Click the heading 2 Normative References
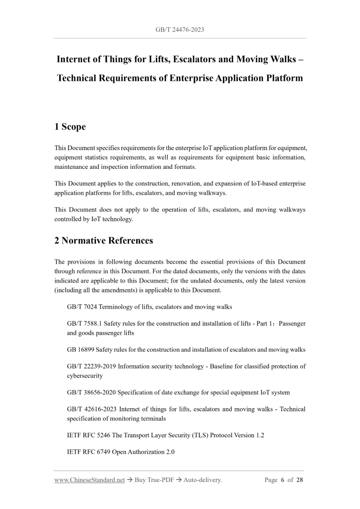(108, 241)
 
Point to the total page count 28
(300, 480)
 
